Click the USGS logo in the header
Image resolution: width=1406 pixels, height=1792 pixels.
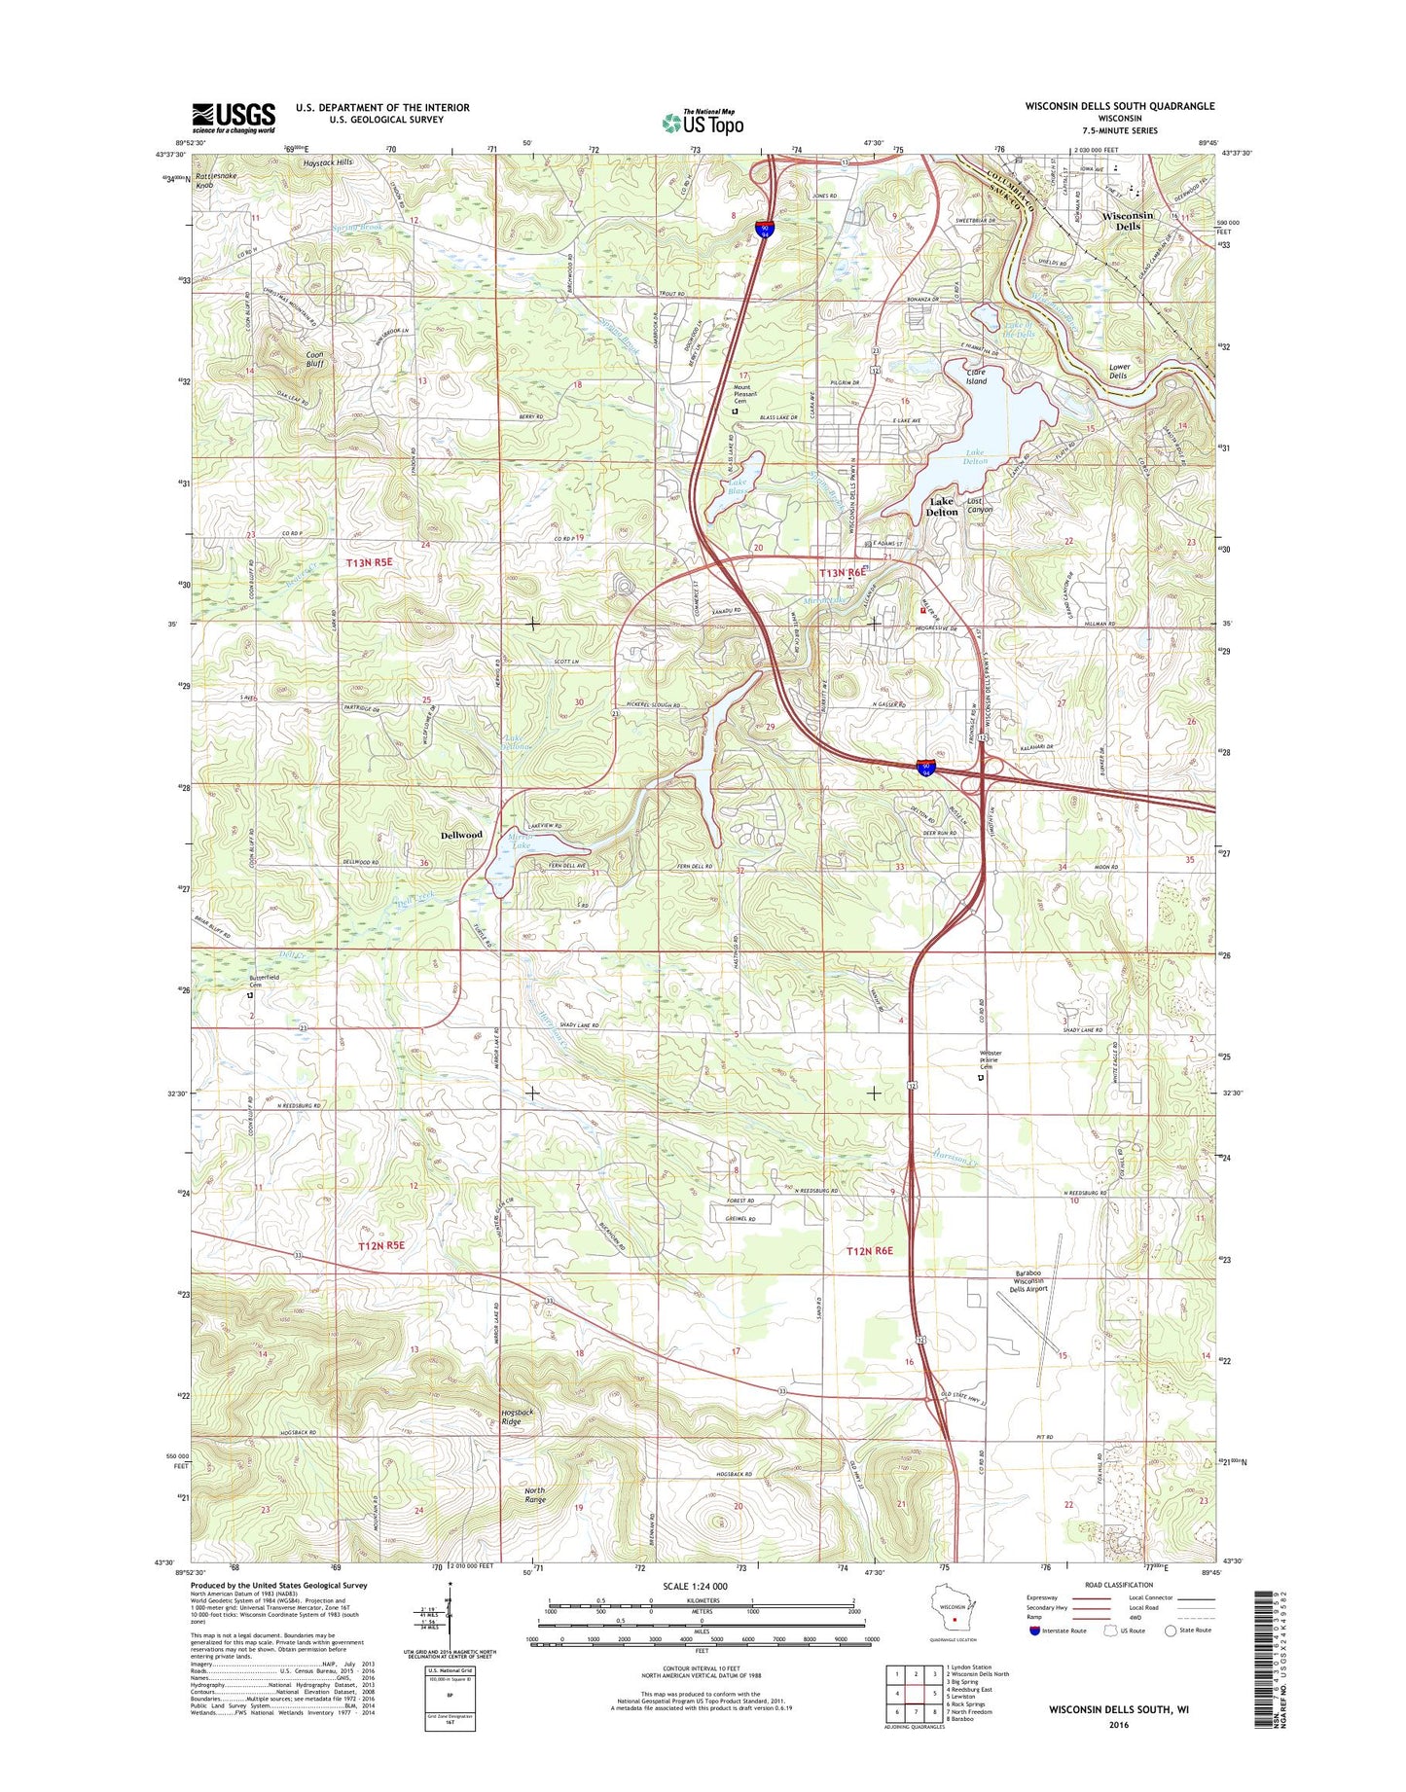pos(234,117)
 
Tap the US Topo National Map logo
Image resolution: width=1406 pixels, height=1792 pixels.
pos(703,123)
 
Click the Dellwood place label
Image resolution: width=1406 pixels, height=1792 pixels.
pos(461,835)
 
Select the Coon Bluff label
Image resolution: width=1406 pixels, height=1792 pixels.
pos(314,359)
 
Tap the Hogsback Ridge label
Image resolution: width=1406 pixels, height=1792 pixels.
pos(511,1416)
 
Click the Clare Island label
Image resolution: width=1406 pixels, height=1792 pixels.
pos(976,376)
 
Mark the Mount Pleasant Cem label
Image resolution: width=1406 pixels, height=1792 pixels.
pos(747,394)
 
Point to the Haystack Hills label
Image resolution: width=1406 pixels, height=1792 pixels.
pos(324,162)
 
